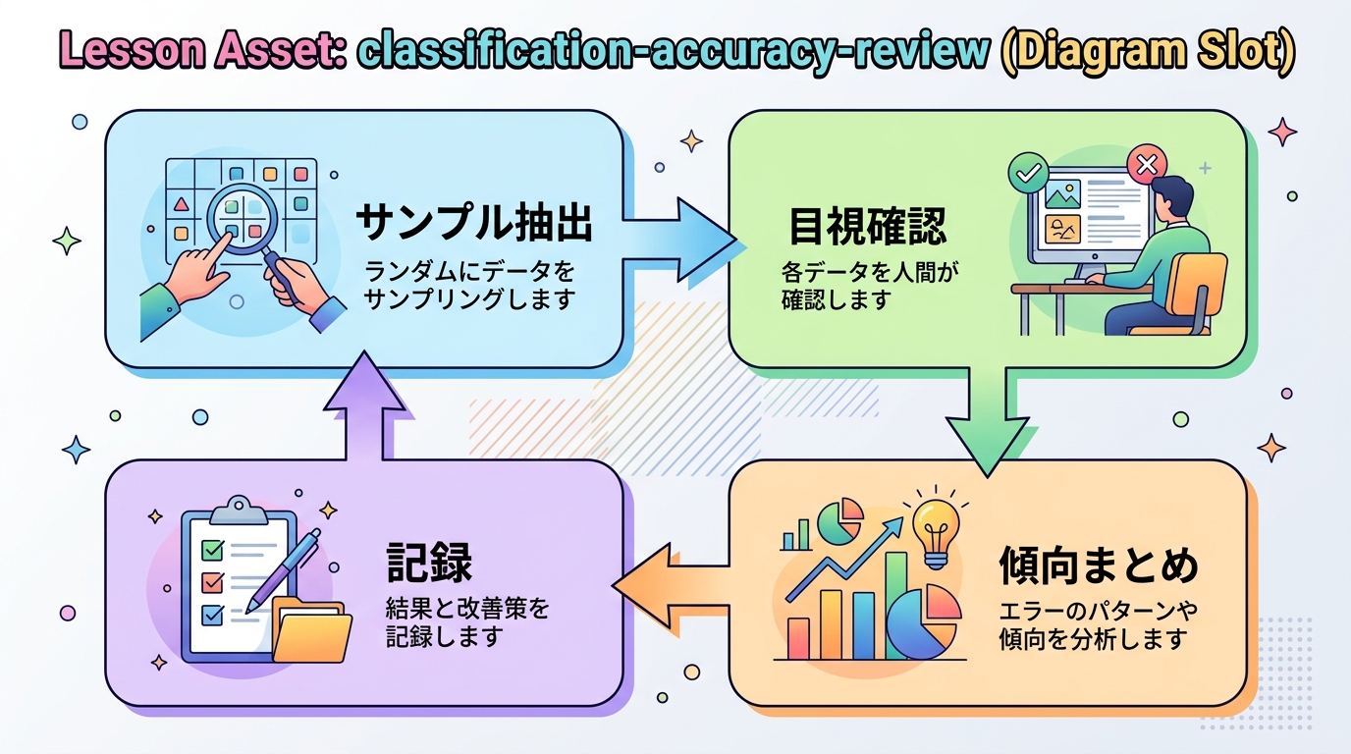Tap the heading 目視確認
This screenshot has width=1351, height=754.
pyautogui.click(x=868, y=227)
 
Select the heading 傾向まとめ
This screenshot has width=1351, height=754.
pyautogui.click(x=1099, y=566)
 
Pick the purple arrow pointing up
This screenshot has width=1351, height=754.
pyautogui.click(x=364, y=407)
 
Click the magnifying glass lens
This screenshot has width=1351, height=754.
pyautogui.click(x=240, y=217)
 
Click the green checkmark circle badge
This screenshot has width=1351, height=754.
pyautogui.click(x=1028, y=175)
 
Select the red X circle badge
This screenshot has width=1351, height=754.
pyautogui.click(x=1146, y=163)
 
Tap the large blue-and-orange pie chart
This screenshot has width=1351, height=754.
pyautogui.click(x=924, y=621)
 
